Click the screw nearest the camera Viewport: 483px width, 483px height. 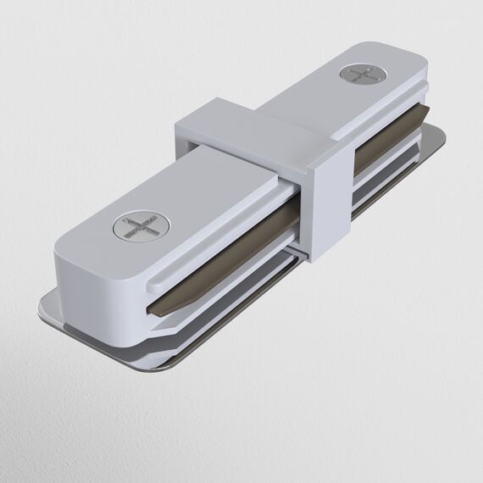pyautogui.click(x=139, y=226)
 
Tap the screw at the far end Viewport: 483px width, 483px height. pyautogui.click(x=359, y=74)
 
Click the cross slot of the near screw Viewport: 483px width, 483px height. pyautogui.click(x=139, y=226)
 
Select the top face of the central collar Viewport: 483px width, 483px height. pyautogui.click(x=254, y=127)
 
